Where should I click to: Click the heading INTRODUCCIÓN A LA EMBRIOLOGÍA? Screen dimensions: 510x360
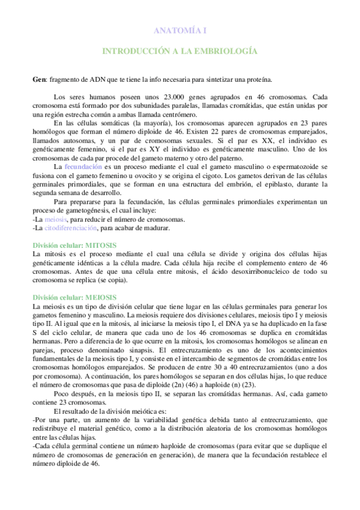(179, 51)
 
